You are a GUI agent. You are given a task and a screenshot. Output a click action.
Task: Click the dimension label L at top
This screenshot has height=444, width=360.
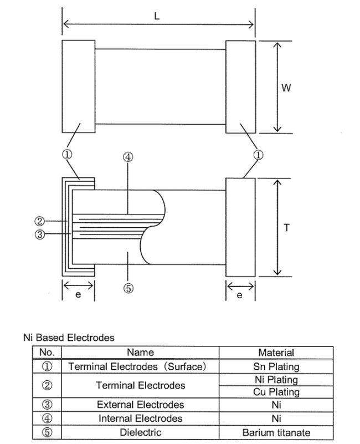[157, 16]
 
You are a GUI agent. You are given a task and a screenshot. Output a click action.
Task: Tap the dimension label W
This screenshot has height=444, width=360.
[286, 87]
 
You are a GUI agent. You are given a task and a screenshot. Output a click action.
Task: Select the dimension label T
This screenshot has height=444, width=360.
[286, 227]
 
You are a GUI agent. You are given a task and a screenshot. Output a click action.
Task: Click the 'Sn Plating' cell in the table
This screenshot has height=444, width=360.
[276, 366]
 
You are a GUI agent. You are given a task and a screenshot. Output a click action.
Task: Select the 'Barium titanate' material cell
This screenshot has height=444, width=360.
[276, 433]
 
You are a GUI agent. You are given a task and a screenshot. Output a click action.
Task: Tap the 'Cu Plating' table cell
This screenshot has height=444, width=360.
[276, 392]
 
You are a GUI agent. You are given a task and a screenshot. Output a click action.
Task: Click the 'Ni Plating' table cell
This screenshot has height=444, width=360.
[276, 380]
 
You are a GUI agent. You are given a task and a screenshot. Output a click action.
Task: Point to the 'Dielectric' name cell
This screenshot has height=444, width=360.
[140, 433]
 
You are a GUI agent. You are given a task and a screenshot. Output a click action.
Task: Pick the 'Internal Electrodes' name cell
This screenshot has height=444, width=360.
[140, 419]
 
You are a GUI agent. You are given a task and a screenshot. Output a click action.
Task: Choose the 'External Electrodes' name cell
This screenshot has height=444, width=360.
[140, 405]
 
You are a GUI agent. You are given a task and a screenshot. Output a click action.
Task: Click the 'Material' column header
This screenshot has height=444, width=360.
[276, 353]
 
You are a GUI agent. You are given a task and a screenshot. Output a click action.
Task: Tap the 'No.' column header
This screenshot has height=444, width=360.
[47, 353]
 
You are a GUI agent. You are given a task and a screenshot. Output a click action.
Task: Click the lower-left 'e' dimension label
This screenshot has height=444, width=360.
[78, 295]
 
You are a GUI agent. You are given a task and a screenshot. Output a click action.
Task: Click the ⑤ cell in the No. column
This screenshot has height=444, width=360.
[47, 433]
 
